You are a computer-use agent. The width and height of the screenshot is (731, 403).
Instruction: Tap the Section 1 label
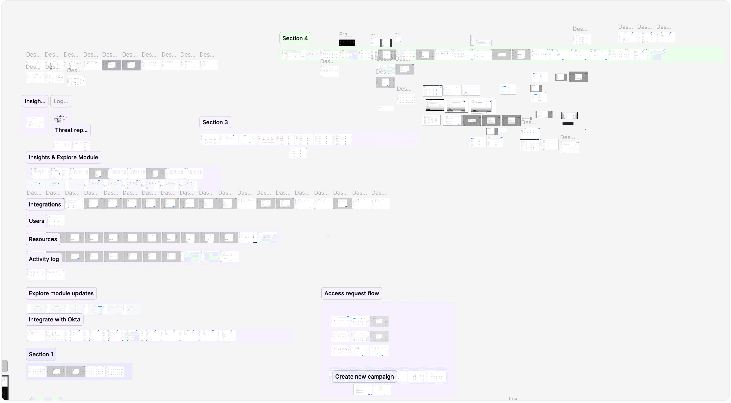coord(41,354)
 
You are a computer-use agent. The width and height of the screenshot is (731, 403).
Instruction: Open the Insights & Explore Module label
coord(63,157)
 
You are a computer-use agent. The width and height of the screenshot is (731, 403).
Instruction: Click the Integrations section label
coord(45,204)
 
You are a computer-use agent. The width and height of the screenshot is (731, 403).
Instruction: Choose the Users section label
coord(37,221)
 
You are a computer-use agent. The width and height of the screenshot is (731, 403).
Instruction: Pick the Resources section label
coord(43,239)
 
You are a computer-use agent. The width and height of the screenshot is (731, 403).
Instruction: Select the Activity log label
coord(44,259)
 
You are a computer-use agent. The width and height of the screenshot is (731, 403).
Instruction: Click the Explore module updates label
coord(61,293)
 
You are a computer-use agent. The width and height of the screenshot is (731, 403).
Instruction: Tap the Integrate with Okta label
coord(55,319)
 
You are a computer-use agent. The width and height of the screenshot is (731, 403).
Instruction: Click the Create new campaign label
coord(364,376)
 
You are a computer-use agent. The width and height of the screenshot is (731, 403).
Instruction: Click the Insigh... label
coord(35,101)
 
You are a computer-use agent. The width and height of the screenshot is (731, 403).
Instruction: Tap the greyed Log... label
coord(61,101)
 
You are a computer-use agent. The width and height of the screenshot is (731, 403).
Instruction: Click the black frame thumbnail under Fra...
coord(347,43)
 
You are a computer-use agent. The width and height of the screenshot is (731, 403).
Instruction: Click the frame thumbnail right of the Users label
coord(56,220)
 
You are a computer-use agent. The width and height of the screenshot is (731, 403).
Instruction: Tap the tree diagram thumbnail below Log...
coord(60,118)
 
